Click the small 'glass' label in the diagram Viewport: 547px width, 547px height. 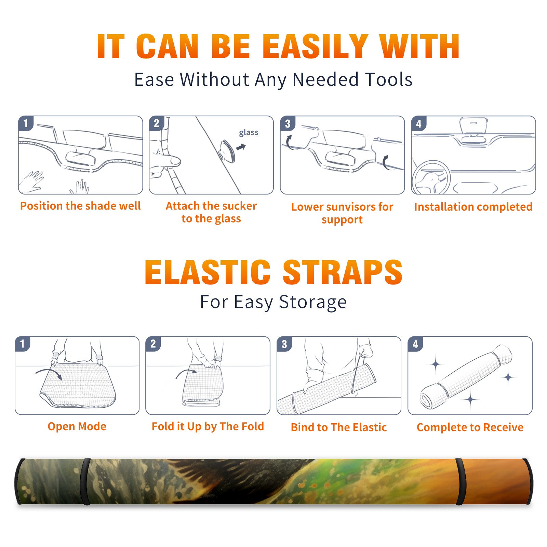coord(249,133)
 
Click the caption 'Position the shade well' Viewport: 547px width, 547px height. coord(80,206)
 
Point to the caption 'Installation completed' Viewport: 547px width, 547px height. coord(473,207)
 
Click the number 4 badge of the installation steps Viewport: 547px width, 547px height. coord(418,123)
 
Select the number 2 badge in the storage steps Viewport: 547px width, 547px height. coord(153,344)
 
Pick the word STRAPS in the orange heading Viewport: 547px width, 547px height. coord(343,272)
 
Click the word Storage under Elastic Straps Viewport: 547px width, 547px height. coord(313,302)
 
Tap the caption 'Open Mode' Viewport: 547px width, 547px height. coord(77,426)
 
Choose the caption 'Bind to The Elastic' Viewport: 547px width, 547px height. coord(339,427)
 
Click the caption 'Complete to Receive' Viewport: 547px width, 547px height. coord(470,427)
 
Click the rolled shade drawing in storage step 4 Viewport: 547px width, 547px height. coord(466,377)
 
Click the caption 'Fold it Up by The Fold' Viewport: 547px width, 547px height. coord(208,426)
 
